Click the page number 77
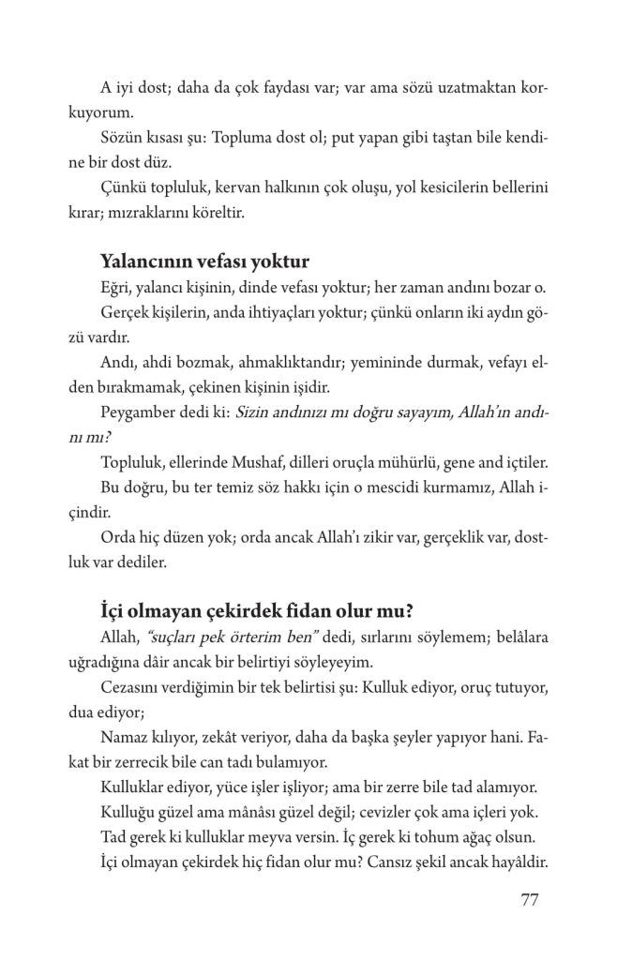tap(527, 902)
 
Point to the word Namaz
tap(122, 739)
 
